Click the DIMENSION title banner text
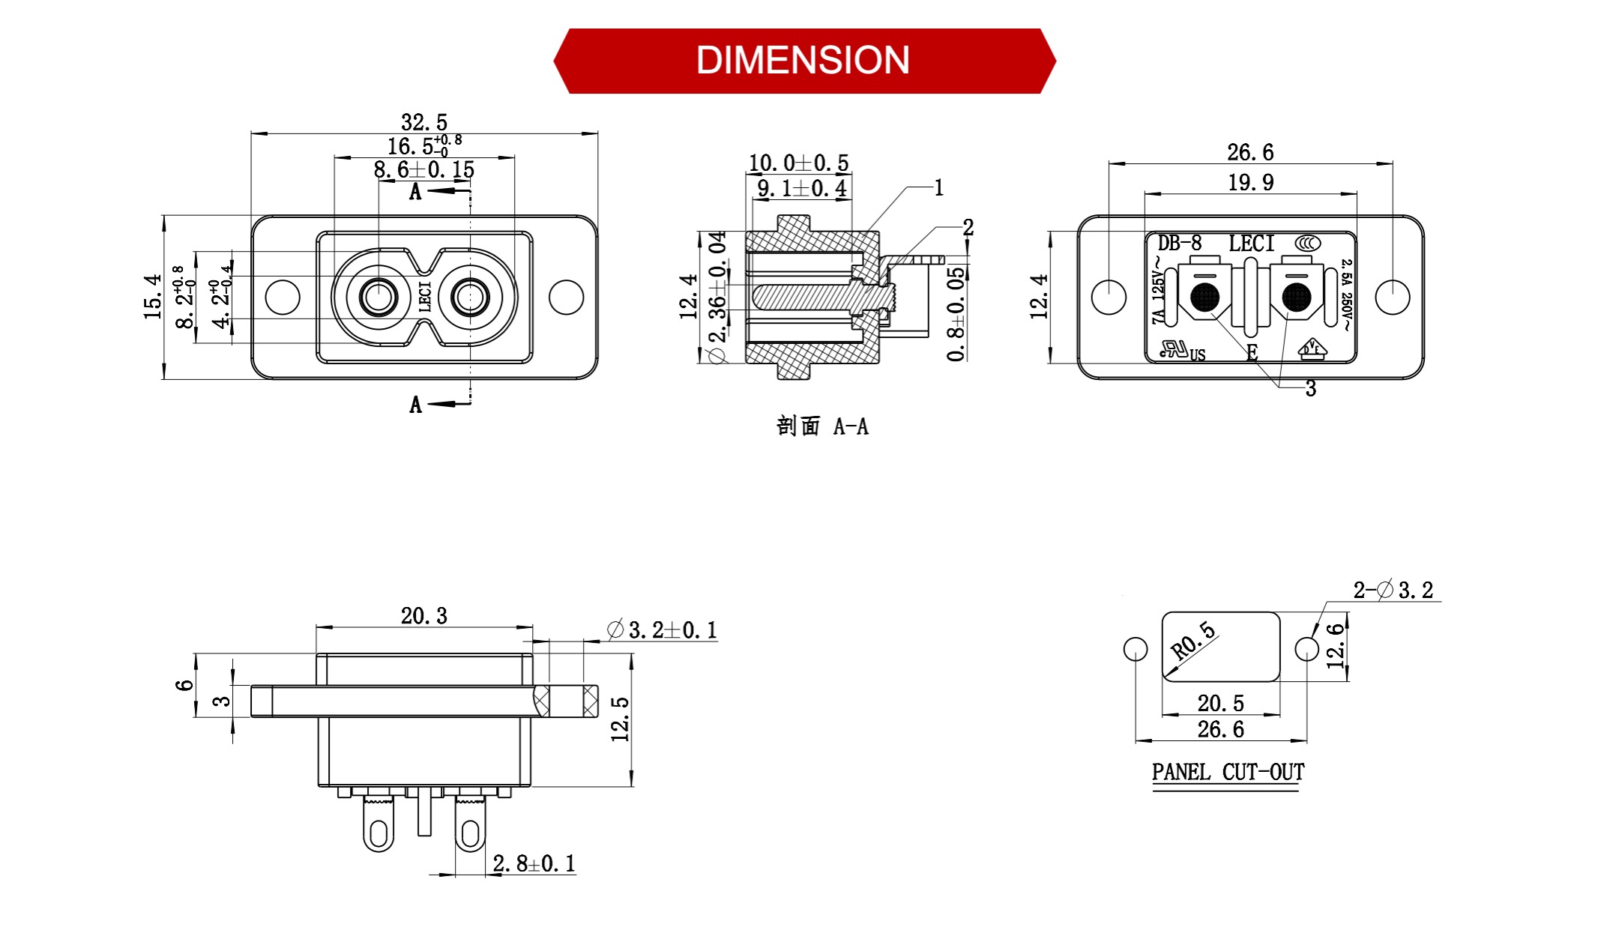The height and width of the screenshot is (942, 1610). pos(803,60)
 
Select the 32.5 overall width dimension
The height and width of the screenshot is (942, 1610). pos(423,121)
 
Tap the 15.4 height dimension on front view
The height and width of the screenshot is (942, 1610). pos(153,297)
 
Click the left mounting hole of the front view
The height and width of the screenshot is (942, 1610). pos(283,297)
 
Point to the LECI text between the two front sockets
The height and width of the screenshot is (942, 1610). pos(424,297)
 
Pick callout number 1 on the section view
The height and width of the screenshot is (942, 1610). pos(938,188)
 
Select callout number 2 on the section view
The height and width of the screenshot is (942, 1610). pos(968,227)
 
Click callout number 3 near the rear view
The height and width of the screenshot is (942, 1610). pos(1310,388)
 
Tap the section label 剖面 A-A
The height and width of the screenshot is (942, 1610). pos(822,426)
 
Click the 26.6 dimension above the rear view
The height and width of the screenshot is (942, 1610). pos(1249,152)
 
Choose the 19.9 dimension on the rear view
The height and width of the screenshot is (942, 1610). pos(1249,182)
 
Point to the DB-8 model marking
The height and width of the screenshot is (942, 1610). pos(1179,243)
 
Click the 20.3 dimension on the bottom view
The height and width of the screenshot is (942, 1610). pos(423,616)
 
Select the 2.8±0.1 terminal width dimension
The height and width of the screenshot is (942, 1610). pos(534,863)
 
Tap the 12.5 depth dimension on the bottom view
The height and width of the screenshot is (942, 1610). pos(621,719)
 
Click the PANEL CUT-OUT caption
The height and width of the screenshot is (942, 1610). pos(1228,772)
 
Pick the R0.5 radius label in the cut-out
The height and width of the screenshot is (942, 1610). pos(1193,641)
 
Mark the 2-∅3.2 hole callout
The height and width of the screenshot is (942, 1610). pos(1393,590)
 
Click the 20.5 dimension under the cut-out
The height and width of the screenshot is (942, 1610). pos(1220,703)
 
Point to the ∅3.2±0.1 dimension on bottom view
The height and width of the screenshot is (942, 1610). pos(663,630)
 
